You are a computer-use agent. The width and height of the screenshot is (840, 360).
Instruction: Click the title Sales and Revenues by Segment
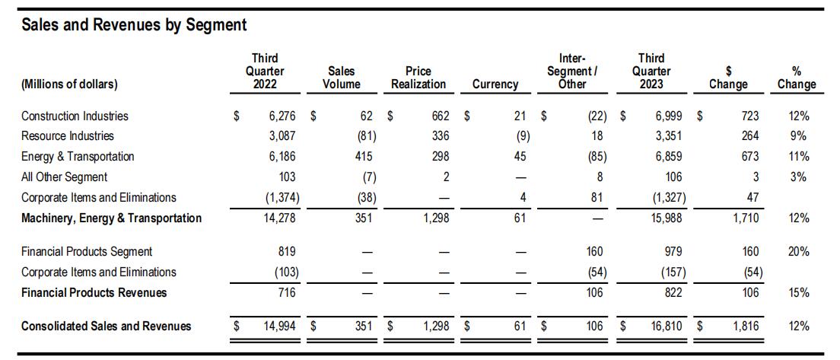(134, 24)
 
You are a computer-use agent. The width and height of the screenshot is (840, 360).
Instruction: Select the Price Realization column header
(418, 78)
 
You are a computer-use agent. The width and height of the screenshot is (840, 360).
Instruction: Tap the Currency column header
(495, 84)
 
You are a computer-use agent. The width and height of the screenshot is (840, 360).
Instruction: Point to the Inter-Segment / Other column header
(573, 71)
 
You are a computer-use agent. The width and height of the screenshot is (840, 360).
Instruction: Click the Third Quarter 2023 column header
(651, 71)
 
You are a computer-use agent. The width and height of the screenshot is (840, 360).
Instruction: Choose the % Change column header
(797, 78)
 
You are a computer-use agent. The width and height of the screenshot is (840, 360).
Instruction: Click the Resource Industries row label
(68, 135)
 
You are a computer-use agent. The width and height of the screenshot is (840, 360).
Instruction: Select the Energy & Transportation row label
(78, 157)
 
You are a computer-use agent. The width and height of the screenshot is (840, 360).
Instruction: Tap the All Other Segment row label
(64, 177)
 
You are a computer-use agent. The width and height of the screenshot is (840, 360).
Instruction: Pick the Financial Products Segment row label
(87, 251)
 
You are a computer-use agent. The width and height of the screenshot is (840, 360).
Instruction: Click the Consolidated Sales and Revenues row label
(106, 326)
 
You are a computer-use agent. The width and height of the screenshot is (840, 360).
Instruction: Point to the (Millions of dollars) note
(70, 84)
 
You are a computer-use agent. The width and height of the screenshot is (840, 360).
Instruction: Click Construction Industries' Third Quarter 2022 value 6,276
(283, 115)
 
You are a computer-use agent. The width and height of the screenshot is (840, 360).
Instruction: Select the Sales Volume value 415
(367, 157)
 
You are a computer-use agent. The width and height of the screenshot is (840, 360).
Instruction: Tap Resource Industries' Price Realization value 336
(440, 135)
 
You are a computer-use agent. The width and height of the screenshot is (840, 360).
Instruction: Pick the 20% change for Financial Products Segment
(798, 251)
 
